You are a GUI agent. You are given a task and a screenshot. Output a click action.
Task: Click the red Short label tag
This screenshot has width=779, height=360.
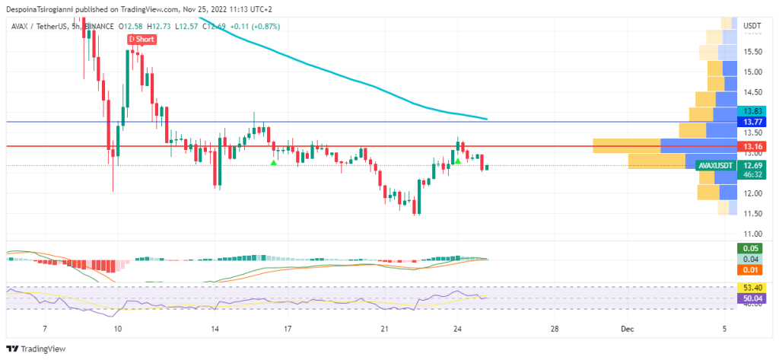141,38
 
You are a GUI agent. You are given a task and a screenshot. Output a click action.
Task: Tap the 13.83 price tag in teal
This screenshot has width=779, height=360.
752,111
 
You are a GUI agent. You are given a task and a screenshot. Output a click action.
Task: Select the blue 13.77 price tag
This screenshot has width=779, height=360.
752,122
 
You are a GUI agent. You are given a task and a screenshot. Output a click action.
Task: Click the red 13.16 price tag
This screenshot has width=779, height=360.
752,146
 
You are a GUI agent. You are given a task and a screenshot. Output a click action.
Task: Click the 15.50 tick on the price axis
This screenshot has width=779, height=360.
752,52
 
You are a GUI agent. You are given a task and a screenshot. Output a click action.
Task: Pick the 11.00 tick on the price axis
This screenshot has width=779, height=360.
752,234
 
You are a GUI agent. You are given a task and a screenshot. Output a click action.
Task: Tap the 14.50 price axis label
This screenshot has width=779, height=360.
752,92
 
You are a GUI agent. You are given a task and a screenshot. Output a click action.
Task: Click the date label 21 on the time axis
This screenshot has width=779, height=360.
385,329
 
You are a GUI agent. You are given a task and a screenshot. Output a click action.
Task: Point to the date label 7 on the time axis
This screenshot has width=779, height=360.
46,329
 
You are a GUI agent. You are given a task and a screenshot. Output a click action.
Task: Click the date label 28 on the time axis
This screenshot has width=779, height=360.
555,329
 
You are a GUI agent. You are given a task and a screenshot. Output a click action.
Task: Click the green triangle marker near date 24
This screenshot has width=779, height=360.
458,161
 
